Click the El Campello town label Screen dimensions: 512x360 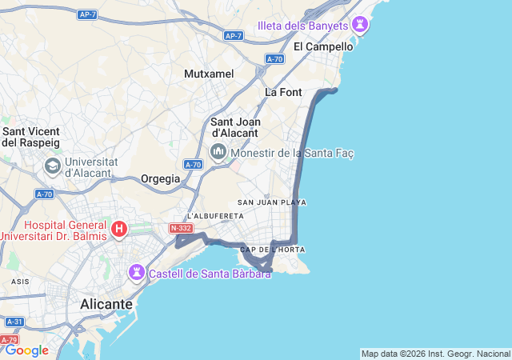pos(322,46)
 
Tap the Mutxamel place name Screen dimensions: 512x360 pos(209,74)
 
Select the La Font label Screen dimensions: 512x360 pos(283,92)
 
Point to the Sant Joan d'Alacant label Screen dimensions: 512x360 pos(234,127)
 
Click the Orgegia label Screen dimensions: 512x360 pos(161,178)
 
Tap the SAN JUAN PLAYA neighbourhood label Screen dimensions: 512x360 pos(272,202)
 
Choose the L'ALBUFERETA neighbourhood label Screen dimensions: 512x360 pos(214,216)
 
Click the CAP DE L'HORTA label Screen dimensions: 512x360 pos(272,250)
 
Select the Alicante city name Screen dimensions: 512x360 pos(106,304)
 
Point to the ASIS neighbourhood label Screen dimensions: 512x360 pos(20,282)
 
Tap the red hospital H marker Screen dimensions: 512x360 pos(119,230)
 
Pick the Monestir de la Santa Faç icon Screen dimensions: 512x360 pos(218,152)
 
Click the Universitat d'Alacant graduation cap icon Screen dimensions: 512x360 pos(53,166)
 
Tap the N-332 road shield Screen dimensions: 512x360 pos(181,229)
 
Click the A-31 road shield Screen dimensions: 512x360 pos(14,322)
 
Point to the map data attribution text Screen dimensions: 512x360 pos(434,354)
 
